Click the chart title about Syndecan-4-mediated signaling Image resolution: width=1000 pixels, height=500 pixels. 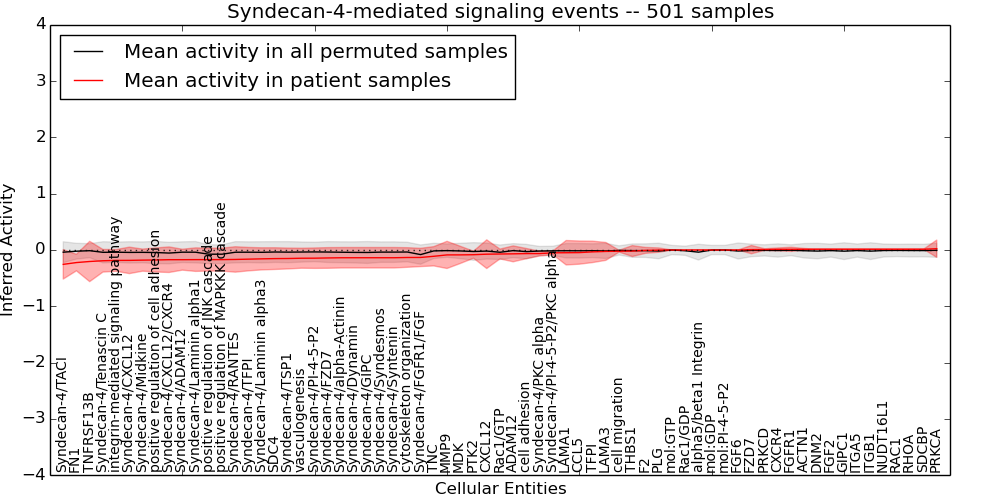(x=500, y=12)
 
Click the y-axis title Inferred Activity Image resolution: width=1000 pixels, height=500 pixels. (x=9, y=250)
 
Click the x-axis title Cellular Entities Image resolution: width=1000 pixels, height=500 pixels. (x=500, y=489)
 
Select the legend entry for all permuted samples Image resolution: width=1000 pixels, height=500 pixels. (x=315, y=51)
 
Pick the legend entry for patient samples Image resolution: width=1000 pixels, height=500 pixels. (x=287, y=80)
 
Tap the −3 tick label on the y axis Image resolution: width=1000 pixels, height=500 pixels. (x=33, y=418)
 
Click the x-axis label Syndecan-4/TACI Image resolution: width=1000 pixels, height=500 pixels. (x=62, y=415)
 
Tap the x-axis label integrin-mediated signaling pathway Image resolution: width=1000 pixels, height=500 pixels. (x=115, y=344)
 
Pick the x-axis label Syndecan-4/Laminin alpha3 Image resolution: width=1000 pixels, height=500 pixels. (x=261, y=376)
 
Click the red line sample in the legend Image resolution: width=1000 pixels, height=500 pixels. (x=88, y=81)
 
